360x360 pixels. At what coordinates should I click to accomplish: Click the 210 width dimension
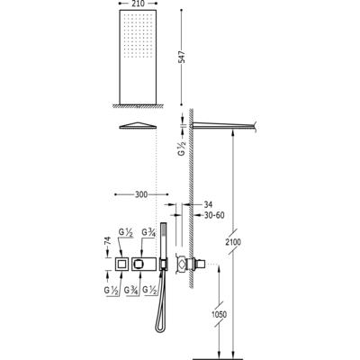coord(138,4)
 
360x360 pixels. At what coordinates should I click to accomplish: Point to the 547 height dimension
coord(182,57)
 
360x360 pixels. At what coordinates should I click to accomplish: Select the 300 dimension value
coord(141,194)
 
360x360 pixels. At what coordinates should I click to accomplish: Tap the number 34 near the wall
coord(208,204)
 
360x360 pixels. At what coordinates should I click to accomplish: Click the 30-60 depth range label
coord(214,215)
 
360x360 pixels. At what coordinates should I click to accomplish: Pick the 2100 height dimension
coord(233,242)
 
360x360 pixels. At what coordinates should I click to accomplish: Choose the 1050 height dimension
coord(219,314)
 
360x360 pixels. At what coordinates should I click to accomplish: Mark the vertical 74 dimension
coord(108,241)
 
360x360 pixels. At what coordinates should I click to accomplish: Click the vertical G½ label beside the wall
coord(182,148)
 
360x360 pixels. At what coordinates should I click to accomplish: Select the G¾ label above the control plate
coord(148,232)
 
